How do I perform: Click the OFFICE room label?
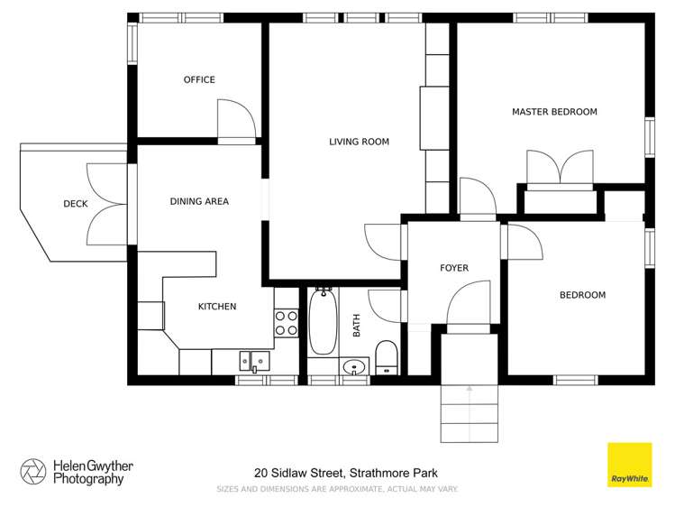coord(199,79)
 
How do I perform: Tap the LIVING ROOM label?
coord(359,142)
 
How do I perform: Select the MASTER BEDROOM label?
coord(554,112)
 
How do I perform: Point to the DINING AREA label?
coord(199,201)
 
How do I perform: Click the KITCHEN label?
coord(217,307)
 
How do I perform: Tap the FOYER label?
coord(454,268)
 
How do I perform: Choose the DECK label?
coord(76,204)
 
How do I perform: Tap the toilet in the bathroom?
coord(386,356)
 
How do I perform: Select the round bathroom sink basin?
coord(354,366)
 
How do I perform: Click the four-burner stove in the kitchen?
coord(287,323)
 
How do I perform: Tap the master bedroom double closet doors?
coord(561,168)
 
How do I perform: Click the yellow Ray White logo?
coord(629,465)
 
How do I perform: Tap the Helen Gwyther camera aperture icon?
coord(33,471)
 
